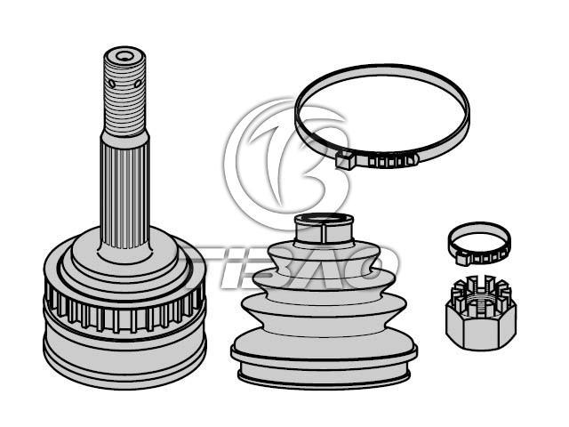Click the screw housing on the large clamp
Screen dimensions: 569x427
[344, 159]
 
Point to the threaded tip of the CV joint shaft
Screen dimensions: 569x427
[124, 91]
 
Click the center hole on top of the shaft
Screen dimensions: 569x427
[125, 57]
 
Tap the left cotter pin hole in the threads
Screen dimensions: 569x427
[112, 85]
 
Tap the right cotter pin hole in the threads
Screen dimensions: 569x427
[138, 84]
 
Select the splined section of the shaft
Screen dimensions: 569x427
[124, 196]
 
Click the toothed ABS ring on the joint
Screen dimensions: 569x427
[124, 311]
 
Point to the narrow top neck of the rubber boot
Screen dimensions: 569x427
[324, 230]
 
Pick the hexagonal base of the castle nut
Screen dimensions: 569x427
[481, 328]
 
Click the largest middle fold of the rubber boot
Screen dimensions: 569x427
[324, 312]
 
